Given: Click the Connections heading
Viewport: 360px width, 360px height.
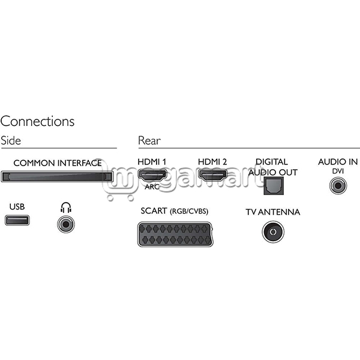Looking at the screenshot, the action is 37,121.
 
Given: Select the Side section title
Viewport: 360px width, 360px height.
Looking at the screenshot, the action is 11,140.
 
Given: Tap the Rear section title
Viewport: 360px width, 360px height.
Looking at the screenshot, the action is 149,140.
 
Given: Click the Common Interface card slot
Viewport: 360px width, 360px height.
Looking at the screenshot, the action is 57,176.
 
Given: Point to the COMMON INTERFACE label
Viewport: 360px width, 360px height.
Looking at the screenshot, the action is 58,163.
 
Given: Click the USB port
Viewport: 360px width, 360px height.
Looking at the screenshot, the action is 17,220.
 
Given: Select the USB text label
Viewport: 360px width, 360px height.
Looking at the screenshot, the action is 17,206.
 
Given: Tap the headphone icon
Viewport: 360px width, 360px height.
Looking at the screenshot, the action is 66,208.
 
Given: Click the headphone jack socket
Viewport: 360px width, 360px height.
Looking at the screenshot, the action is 66,224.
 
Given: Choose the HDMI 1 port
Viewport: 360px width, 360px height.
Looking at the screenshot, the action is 152,176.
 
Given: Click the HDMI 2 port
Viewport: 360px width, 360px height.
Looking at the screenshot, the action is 212,176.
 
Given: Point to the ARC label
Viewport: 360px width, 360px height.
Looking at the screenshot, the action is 152,187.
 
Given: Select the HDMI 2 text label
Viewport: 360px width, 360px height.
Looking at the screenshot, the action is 212,162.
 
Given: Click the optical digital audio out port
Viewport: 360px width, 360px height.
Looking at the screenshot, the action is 274,186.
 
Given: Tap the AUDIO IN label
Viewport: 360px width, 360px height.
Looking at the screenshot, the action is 338,162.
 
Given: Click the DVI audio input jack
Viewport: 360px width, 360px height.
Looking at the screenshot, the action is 338,185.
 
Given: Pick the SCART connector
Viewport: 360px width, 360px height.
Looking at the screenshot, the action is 175,235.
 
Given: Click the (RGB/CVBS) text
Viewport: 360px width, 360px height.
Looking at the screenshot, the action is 189,211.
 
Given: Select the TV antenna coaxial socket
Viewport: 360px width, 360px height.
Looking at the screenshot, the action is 273,232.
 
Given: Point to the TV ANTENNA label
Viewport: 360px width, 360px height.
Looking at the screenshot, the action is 273,212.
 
